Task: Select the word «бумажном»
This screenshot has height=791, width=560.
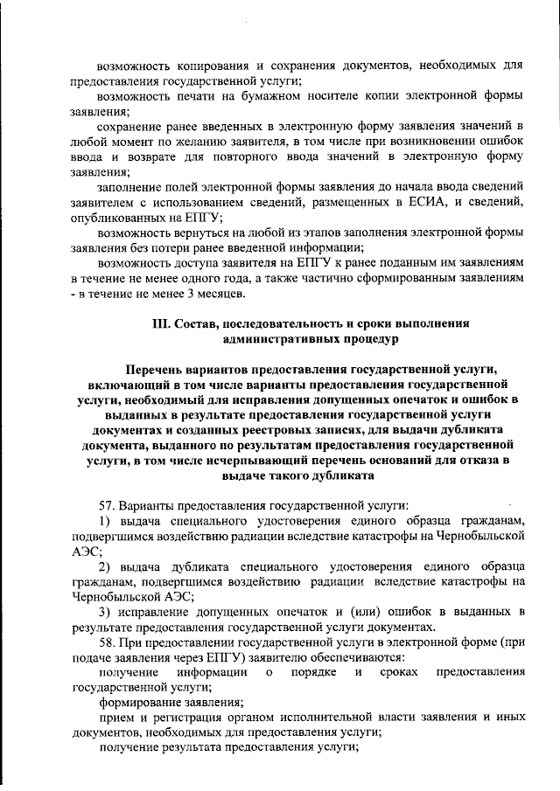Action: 256,95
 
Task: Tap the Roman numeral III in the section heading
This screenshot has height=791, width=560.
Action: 163,323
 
